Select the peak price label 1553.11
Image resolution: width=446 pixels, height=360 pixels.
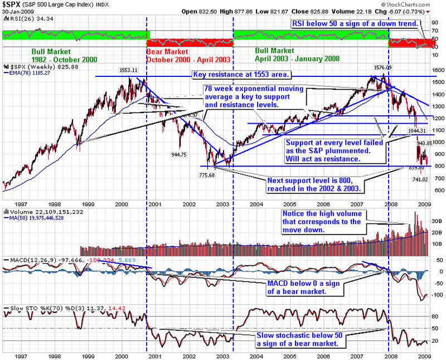click(x=128, y=70)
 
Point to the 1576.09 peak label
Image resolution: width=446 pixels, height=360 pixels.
click(x=384, y=67)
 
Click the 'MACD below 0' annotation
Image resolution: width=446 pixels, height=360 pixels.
click(x=304, y=287)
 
